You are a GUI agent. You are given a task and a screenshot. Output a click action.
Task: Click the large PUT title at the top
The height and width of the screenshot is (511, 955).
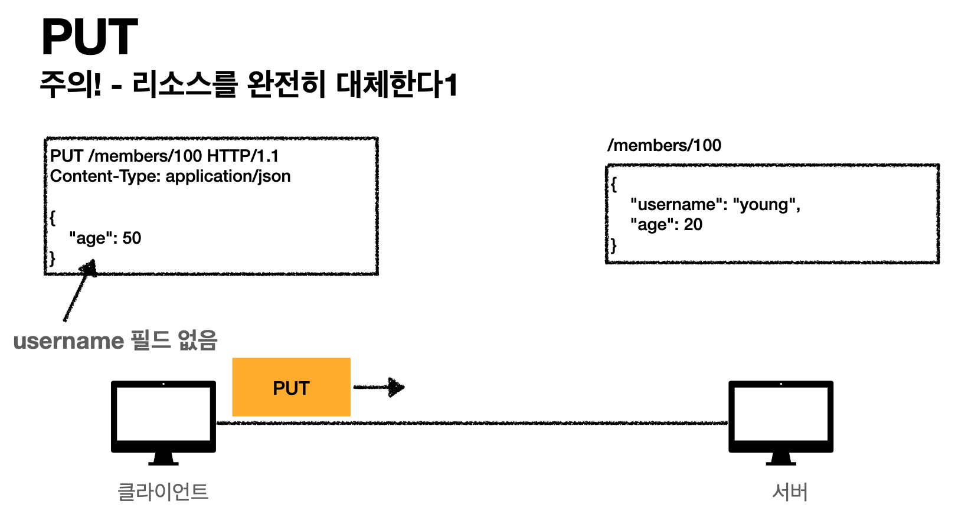coord(89,37)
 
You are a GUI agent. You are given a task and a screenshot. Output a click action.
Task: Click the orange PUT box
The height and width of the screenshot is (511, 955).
coord(291,388)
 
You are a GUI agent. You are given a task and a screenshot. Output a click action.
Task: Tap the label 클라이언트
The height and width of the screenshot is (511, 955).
coord(163,492)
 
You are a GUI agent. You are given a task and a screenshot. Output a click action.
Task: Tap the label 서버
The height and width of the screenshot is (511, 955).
coord(790,492)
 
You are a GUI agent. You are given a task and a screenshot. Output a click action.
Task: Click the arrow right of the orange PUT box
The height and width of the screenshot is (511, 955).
coord(380,387)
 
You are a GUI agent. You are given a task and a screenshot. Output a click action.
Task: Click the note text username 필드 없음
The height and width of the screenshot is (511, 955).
coord(116,340)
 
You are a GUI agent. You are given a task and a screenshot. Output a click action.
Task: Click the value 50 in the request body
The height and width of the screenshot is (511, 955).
coord(132,238)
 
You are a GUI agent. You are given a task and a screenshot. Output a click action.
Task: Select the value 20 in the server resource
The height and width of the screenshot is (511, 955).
coord(693,224)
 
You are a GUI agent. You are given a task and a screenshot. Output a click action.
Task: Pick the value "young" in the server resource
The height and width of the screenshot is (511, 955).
coord(766,204)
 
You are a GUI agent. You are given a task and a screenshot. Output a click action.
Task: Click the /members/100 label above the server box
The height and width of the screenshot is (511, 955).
coord(664,145)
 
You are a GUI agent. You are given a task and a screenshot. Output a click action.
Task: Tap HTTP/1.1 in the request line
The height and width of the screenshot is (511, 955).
coord(243,156)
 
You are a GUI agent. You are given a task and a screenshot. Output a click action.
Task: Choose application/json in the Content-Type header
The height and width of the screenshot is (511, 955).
coord(228,176)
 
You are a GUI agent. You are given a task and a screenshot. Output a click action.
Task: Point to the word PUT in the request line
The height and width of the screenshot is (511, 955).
coord(67,156)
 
